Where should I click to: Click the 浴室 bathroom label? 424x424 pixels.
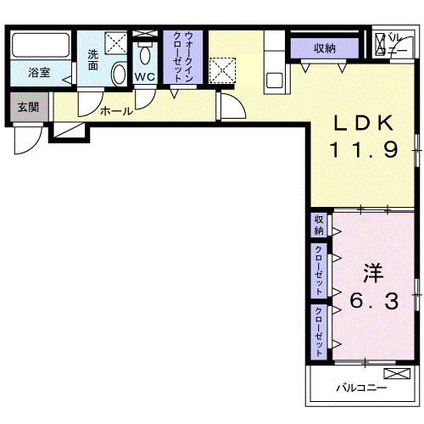(38, 73)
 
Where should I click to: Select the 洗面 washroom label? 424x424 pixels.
(93, 61)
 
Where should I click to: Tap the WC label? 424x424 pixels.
(143, 76)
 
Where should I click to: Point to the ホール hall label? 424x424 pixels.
(115, 110)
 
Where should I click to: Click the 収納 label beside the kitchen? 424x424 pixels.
(324, 48)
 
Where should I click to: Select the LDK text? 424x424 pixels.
(363, 123)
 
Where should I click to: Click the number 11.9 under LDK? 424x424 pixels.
(363, 150)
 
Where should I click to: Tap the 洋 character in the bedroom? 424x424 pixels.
(373, 273)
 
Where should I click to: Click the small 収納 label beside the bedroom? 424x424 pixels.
(319, 226)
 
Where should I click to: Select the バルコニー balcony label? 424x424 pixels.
(360, 388)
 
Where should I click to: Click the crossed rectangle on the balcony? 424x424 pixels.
(396, 374)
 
